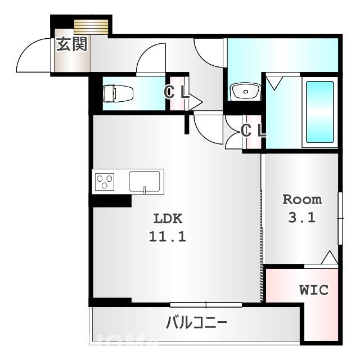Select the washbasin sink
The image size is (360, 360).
coord(245,91)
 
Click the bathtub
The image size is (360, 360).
coord(319,113)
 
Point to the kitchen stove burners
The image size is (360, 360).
coord(104,182)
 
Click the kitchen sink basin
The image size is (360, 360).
coord(145,182)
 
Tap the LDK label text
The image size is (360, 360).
coord(167,219)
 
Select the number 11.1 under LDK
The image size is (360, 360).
coord(167,237)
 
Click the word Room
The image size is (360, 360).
coord(301,199)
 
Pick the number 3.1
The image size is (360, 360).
coord(301,218)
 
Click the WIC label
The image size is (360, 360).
coord(313,290)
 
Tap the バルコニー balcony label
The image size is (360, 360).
coord(196,323)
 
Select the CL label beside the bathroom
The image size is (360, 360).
coord(253,130)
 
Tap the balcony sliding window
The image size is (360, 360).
coord(206,304)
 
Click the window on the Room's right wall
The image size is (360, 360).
coord(340,218)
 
